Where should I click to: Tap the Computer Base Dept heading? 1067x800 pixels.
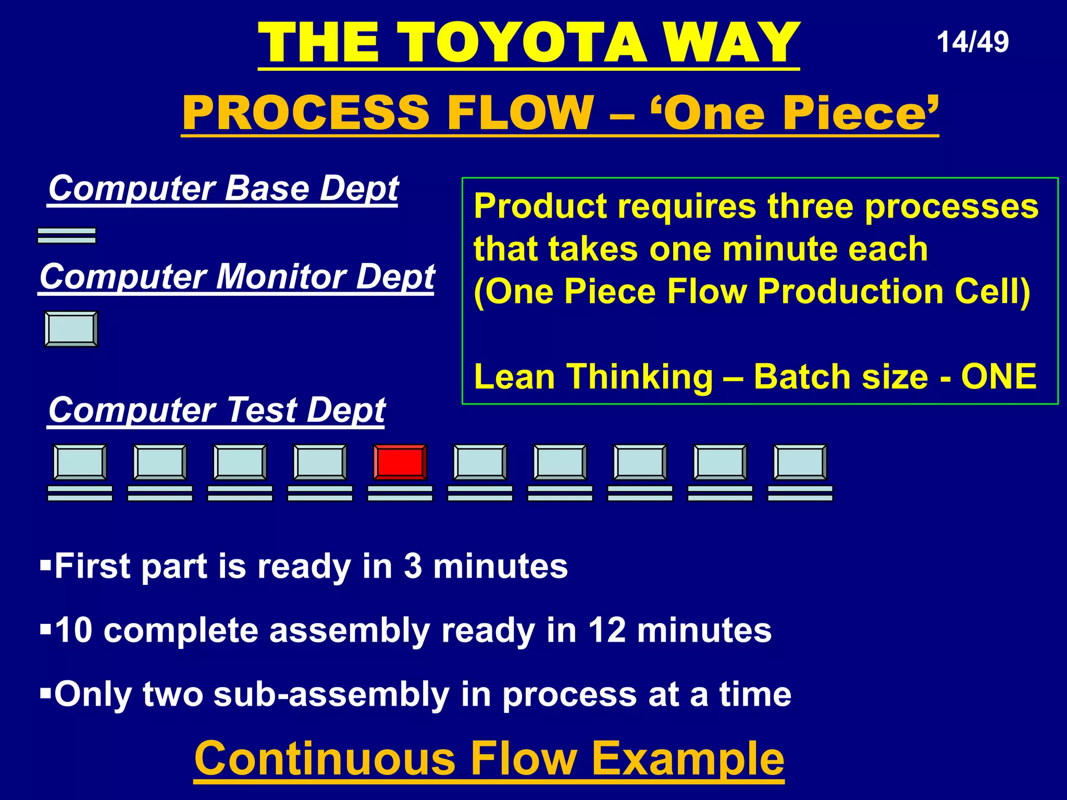coord(223,188)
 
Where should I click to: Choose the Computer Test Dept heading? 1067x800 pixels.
coord(216,410)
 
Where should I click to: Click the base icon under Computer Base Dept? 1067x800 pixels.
coord(67,235)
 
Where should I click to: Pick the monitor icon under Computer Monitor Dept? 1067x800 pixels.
coord(71,329)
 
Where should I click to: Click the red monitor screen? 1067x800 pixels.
coord(400,461)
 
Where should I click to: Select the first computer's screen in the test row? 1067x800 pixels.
coord(80,461)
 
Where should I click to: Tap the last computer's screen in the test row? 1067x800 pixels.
coord(800,461)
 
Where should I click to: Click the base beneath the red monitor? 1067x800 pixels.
coord(400,493)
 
